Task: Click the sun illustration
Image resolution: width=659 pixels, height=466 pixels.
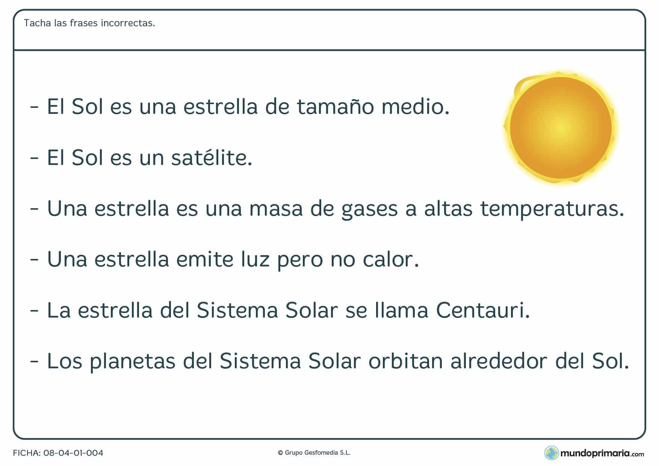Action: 561,128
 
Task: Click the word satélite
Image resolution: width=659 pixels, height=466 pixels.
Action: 212,157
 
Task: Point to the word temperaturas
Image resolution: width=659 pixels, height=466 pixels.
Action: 552,209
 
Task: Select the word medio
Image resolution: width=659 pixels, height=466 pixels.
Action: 415,107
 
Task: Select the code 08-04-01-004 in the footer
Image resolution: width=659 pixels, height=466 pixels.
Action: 73,453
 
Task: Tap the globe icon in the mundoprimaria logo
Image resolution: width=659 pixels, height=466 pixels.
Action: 551,453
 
